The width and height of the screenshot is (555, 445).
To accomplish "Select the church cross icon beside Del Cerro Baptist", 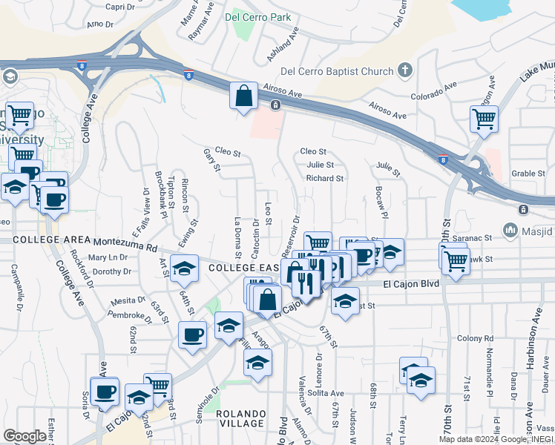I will [x=404, y=71].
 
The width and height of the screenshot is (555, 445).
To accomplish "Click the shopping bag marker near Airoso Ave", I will [x=243, y=96].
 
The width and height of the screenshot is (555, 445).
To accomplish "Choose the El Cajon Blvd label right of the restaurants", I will [x=412, y=284].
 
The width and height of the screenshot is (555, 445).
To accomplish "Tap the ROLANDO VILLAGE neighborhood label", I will [x=241, y=419].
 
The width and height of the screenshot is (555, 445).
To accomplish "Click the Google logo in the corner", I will [x=24, y=436].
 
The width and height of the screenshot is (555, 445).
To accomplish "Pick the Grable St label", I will [x=528, y=174].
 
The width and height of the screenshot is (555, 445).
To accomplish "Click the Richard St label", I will [x=325, y=179].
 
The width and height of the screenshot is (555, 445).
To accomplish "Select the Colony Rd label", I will [x=470, y=339].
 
